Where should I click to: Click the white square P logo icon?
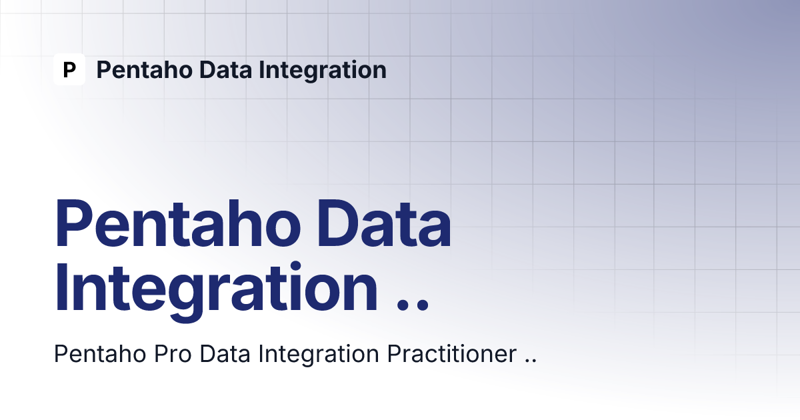[69, 69]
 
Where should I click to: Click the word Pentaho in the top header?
[145, 69]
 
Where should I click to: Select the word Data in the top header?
[225, 69]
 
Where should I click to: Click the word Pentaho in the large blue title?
[177, 223]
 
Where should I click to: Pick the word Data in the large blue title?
[384, 223]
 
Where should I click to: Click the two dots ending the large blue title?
[413, 306]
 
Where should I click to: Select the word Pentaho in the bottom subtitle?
[100, 354]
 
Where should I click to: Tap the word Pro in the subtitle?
[173, 354]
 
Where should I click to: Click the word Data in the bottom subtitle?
[225, 354]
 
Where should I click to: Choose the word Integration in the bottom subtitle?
[319, 355]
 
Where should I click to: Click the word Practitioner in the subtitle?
[452, 354]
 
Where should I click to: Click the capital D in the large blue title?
[339, 223]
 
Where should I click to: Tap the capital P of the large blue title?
[73, 223]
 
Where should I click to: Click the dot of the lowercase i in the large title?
[295, 267]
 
